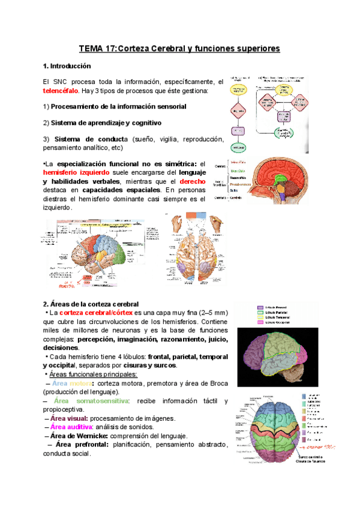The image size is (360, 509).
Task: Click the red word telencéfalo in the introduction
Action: click(53, 91)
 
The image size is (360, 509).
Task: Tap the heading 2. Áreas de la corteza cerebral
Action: click(91, 304)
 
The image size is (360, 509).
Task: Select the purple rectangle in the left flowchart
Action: click(239, 131)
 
